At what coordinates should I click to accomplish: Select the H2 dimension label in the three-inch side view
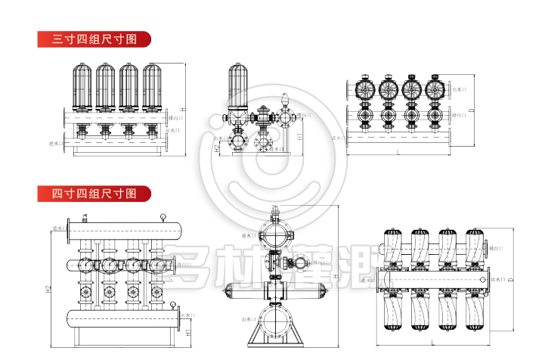pyautogui.click(x=217, y=149)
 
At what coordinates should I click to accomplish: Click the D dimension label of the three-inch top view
pyautogui.click(x=471, y=111)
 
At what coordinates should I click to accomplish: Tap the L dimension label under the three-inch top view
pyautogui.click(x=398, y=153)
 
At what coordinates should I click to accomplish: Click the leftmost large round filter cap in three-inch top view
pyautogui.click(x=366, y=88)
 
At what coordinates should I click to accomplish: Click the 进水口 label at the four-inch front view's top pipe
pyautogui.click(x=59, y=228)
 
